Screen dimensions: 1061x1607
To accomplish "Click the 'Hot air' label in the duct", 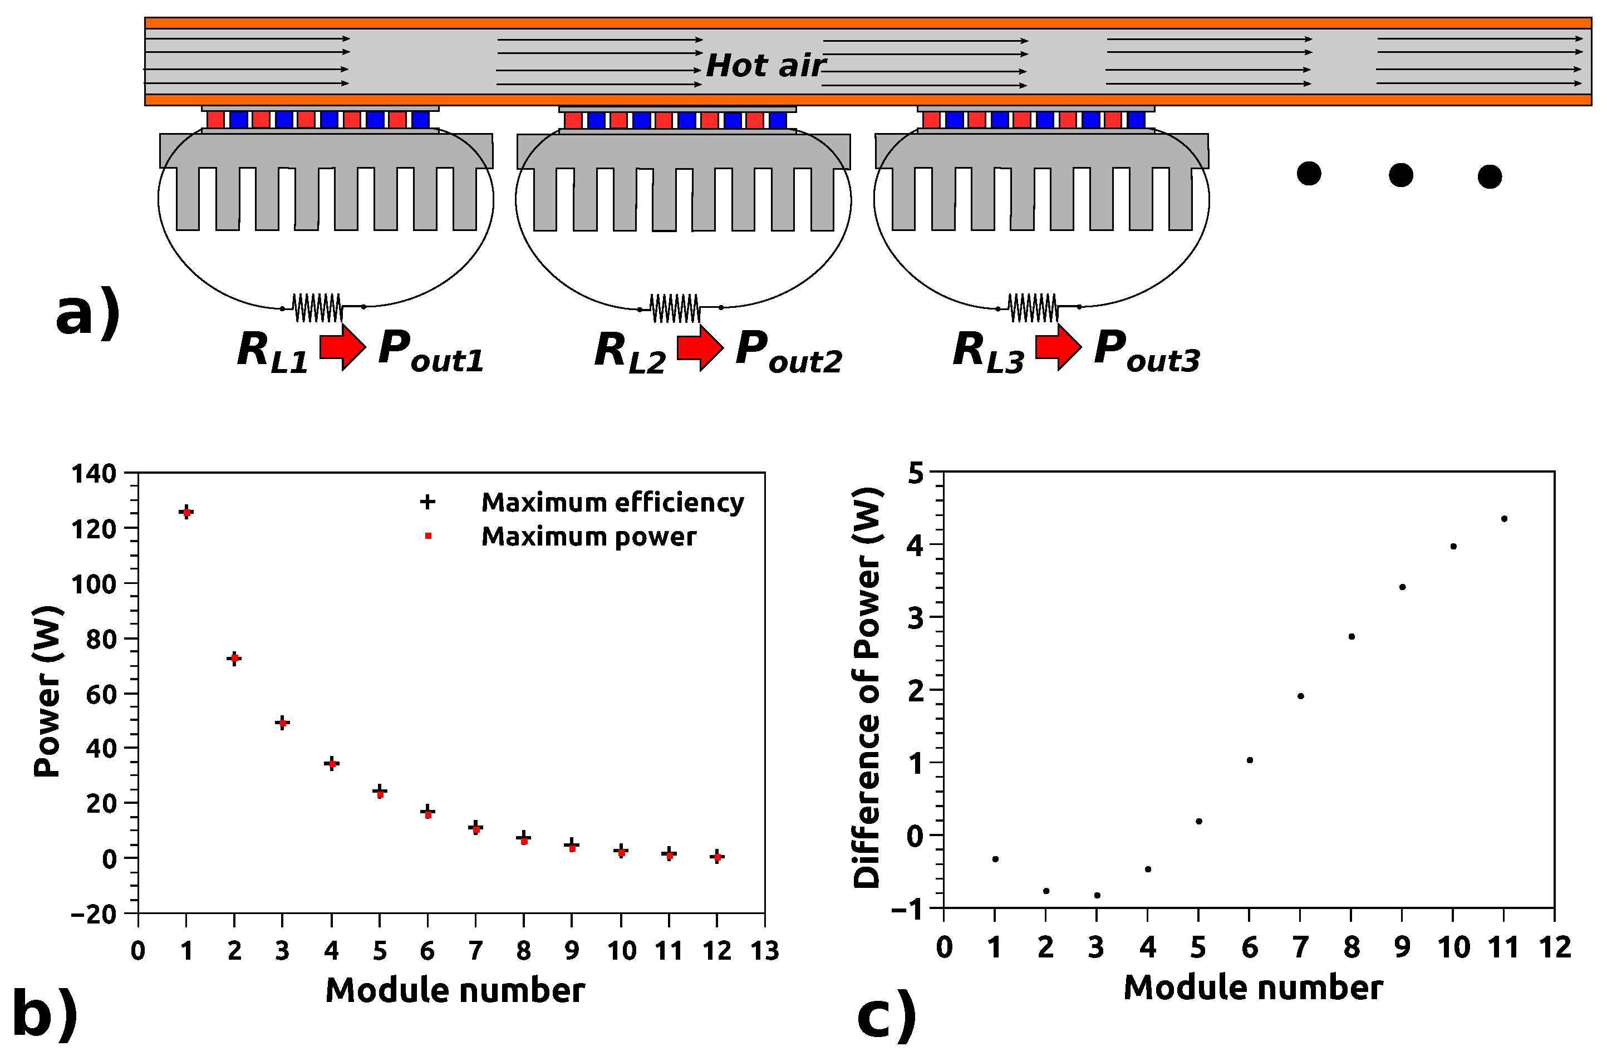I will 765,66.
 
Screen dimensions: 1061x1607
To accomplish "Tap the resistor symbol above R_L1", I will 317,308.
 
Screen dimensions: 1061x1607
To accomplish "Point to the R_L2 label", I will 629,352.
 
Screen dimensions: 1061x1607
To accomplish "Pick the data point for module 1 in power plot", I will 186,512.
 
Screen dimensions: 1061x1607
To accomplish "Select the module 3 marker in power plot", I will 283,723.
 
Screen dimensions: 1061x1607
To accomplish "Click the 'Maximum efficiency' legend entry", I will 612,502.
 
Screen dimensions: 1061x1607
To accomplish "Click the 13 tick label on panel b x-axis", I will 765,951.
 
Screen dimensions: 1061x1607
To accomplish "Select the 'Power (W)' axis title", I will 47,691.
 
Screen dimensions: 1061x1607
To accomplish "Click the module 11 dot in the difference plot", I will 1503,519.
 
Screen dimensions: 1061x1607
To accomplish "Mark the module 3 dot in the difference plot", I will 1097,895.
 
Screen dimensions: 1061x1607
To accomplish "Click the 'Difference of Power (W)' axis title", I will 867,687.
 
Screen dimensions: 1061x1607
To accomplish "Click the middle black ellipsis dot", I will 1400,175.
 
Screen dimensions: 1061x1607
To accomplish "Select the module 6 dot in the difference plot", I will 1250,760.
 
